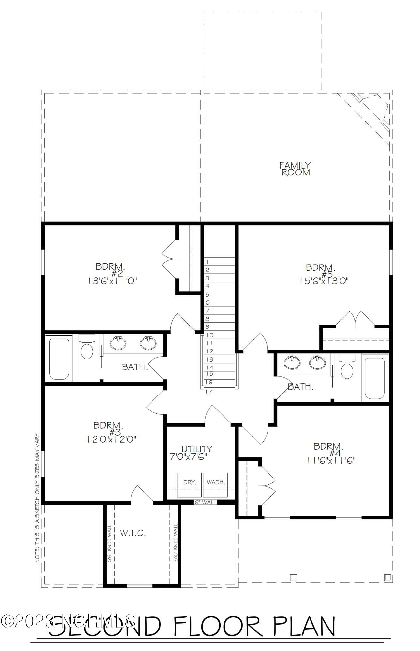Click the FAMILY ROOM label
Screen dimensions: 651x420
[295, 169]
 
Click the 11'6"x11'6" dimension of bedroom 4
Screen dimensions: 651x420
[330, 460]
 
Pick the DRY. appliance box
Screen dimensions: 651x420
[189, 484]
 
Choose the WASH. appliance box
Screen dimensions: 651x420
[215, 484]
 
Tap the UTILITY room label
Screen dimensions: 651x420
[197, 449]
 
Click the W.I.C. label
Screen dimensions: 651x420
[133, 533]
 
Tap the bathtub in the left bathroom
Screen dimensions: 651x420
[59, 359]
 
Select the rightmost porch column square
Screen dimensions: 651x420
[387, 577]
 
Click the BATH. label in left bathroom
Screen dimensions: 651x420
[135, 367]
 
